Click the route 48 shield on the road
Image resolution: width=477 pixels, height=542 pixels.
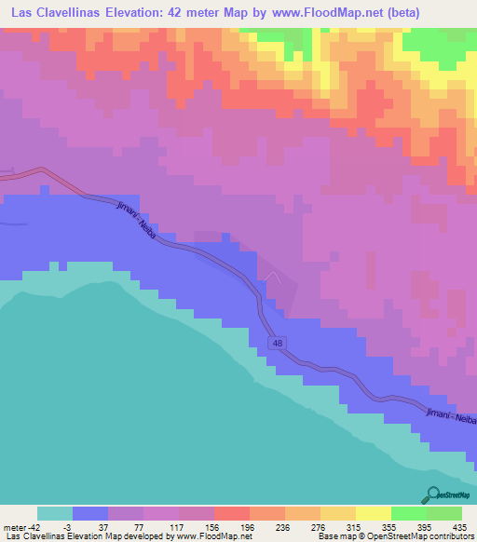tap(279, 344)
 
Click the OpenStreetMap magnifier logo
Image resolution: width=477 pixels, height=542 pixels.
tap(432, 495)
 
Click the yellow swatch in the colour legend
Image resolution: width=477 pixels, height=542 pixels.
tap(373, 513)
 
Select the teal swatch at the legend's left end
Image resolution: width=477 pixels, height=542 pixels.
tap(54, 513)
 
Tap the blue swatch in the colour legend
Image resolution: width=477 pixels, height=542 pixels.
tap(89, 513)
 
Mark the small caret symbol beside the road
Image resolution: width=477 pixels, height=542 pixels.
tap(271, 276)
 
